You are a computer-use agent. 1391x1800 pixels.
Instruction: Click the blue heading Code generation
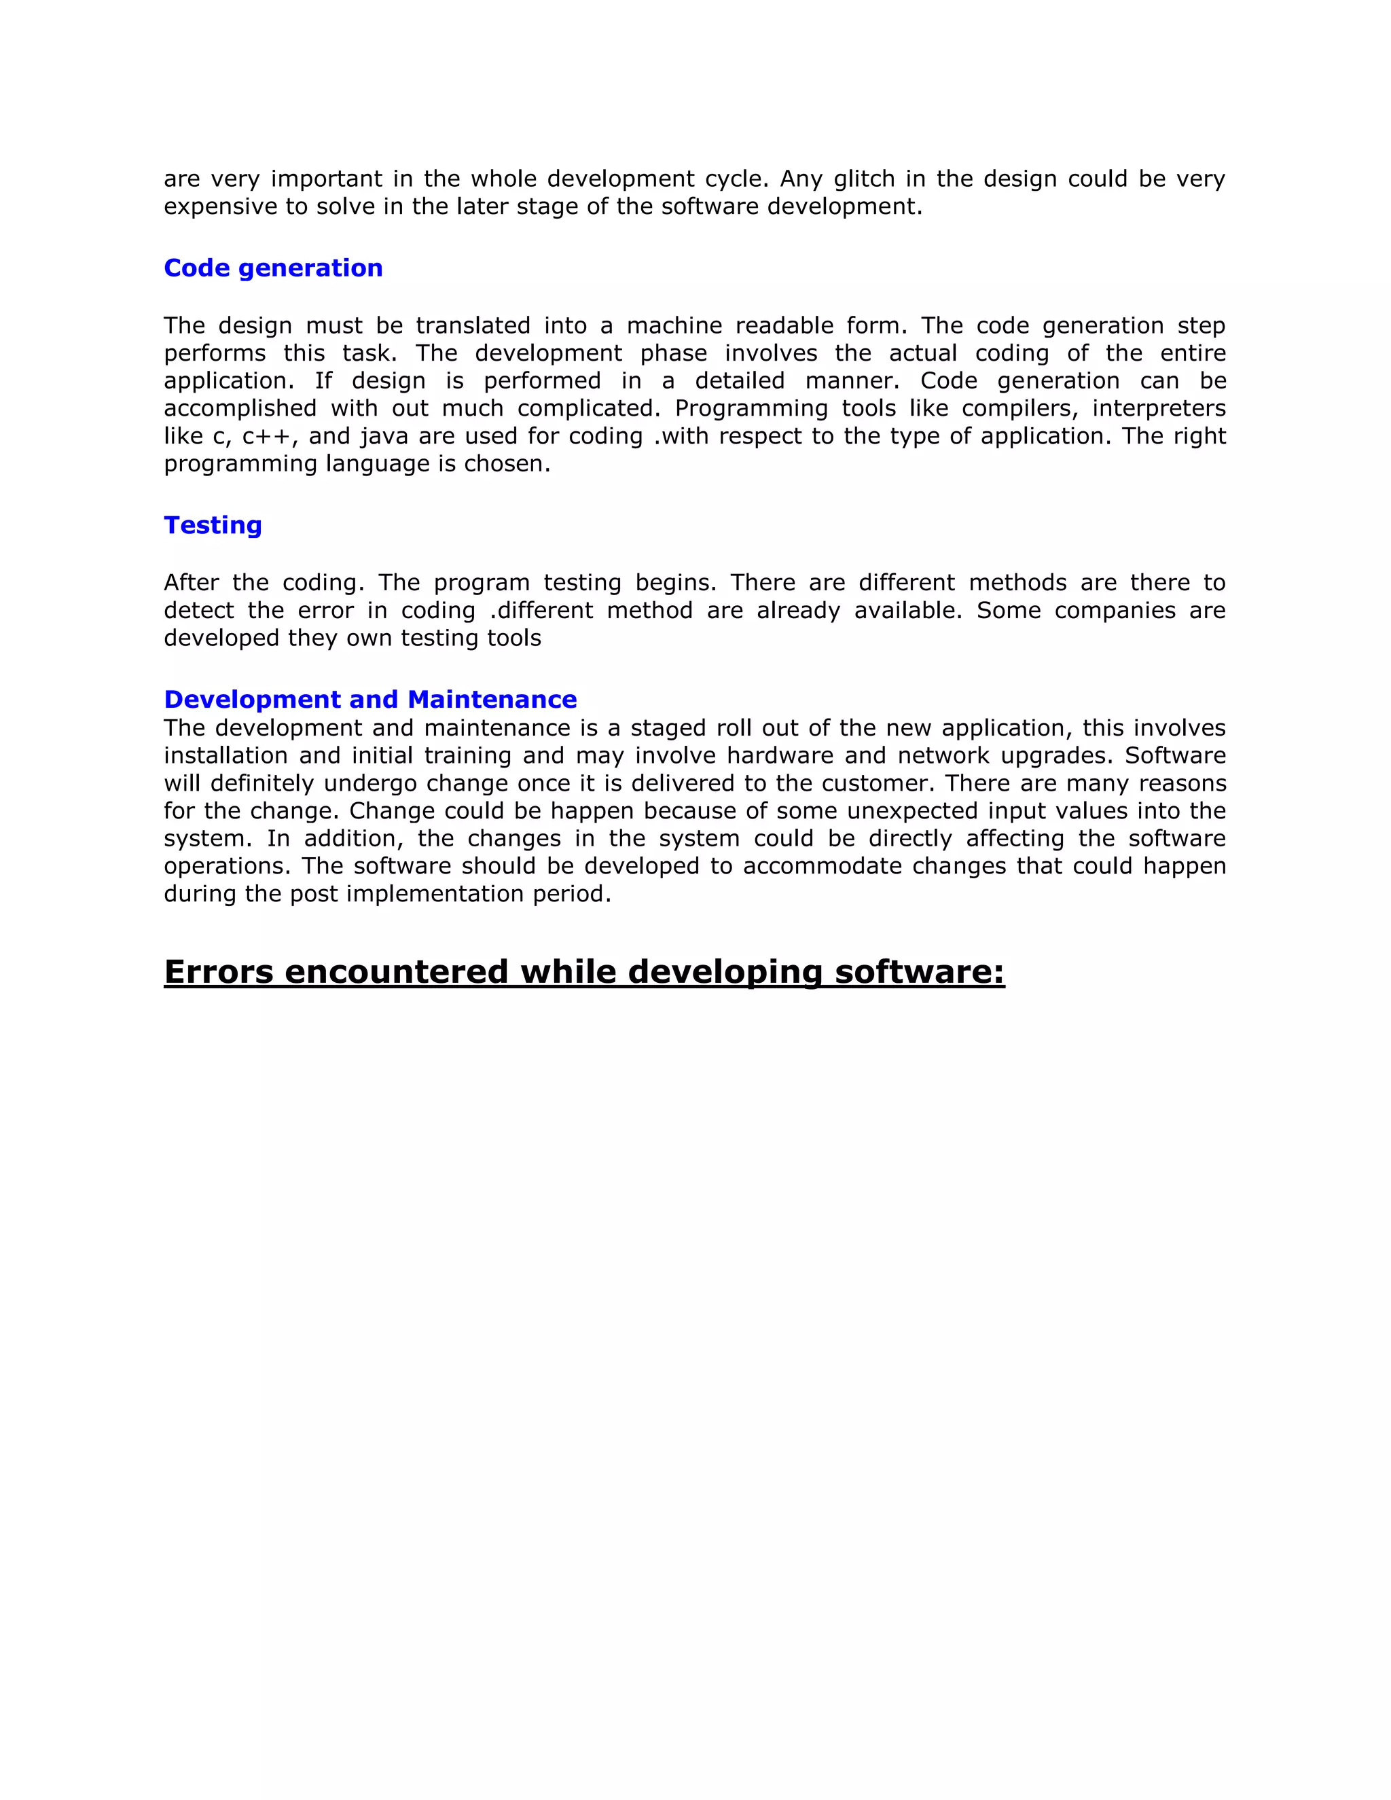click(x=273, y=268)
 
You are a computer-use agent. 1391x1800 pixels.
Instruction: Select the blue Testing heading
click(x=213, y=525)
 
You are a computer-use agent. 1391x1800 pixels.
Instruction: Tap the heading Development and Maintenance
click(x=370, y=699)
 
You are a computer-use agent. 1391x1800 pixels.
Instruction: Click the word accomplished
click(x=240, y=408)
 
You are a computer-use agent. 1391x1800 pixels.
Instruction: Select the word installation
click(x=225, y=756)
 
